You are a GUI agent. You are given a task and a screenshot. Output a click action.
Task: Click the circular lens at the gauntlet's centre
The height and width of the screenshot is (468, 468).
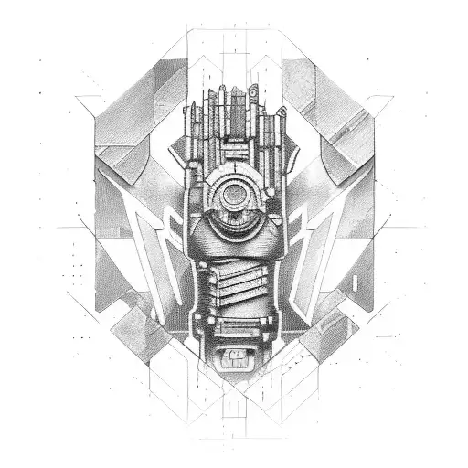(x=234, y=194)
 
